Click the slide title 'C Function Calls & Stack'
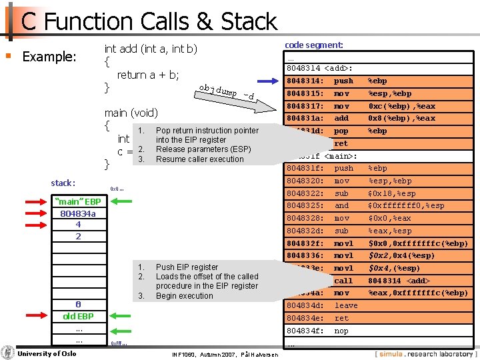pyautogui.click(x=149, y=21)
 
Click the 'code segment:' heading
pyautogui.click(x=314, y=45)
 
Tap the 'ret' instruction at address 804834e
pyautogui.click(x=341, y=318)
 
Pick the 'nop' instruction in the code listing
pyautogui.click(x=341, y=331)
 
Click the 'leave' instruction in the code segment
pyautogui.click(x=345, y=305)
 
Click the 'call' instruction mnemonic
pyautogui.click(x=343, y=281)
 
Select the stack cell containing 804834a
pyautogui.click(x=78, y=213)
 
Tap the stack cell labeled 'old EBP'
pyautogui.click(x=78, y=316)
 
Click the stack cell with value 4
pyautogui.click(x=78, y=225)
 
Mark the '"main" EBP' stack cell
pyautogui.click(x=78, y=202)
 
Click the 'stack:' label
pyautogui.click(x=63, y=183)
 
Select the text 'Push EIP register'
pyautogui.click(x=187, y=267)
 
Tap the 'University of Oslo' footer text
pyautogui.click(x=47, y=353)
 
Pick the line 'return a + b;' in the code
pyautogui.click(x=148, y=75)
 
